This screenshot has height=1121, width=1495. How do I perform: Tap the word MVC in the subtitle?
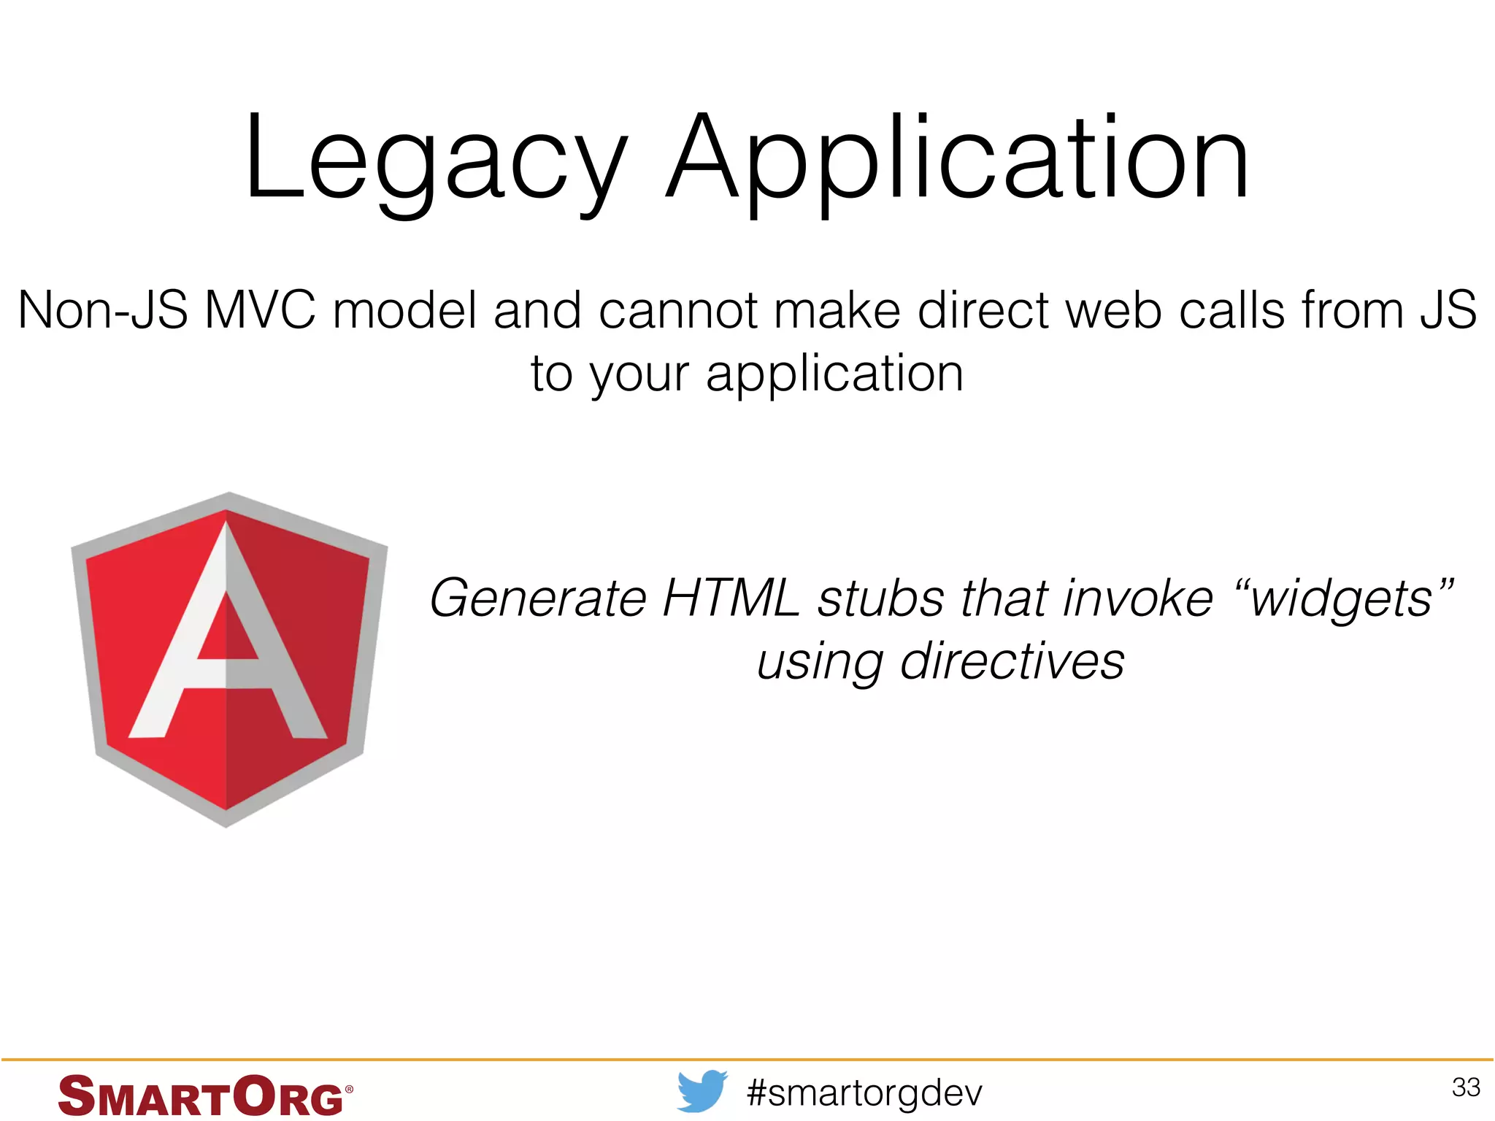[260, 310]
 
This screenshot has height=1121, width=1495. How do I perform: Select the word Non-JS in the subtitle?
[103, 310]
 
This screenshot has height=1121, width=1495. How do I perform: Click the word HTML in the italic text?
[731, 598]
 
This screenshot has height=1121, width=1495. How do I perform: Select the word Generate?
[538, 598]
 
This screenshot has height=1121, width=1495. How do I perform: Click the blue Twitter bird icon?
[702, 1091]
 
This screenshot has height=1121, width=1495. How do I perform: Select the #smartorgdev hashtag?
[864, 1093]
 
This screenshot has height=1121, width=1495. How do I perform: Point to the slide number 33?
[1465, 1087]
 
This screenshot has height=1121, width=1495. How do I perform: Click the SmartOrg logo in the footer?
[201, 1095]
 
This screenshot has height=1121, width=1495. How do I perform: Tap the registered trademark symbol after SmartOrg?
[349, 1089]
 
